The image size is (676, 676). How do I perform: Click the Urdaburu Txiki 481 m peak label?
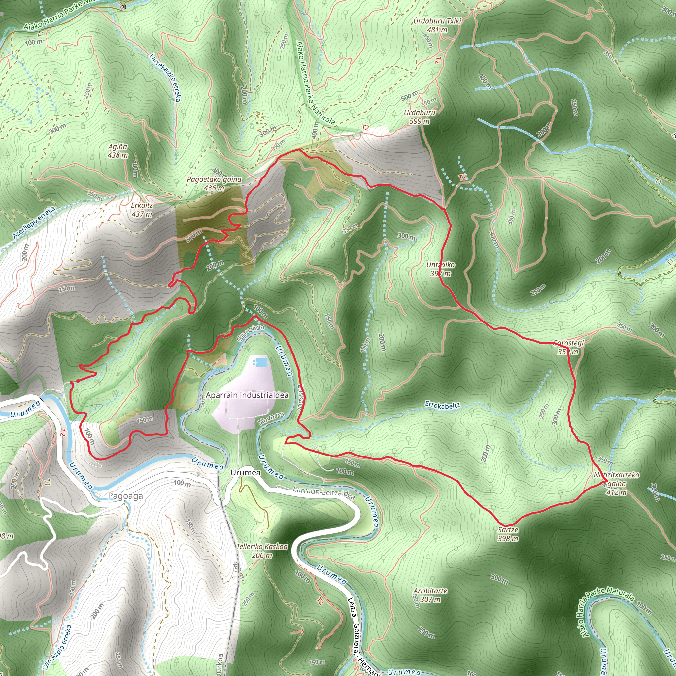(437, 25)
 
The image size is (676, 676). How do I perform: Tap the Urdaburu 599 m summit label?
(420, 117)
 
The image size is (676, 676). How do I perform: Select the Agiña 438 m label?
(118, 151)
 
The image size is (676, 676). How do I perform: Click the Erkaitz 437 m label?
(142, 210)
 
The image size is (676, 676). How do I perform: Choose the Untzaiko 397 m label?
(441, 269)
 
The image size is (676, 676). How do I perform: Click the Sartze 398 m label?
(508, 534)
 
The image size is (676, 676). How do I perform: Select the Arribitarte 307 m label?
(430, 595)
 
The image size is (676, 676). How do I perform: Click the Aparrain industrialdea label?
(247, 395)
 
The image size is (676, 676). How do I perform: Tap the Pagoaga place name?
(125, 496)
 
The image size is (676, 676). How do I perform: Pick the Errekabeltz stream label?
(443, 406)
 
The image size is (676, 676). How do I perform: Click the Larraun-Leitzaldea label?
(324, 493)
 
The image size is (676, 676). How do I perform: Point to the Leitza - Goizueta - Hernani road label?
(362, 637)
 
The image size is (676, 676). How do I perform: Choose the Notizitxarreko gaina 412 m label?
(617, 484)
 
